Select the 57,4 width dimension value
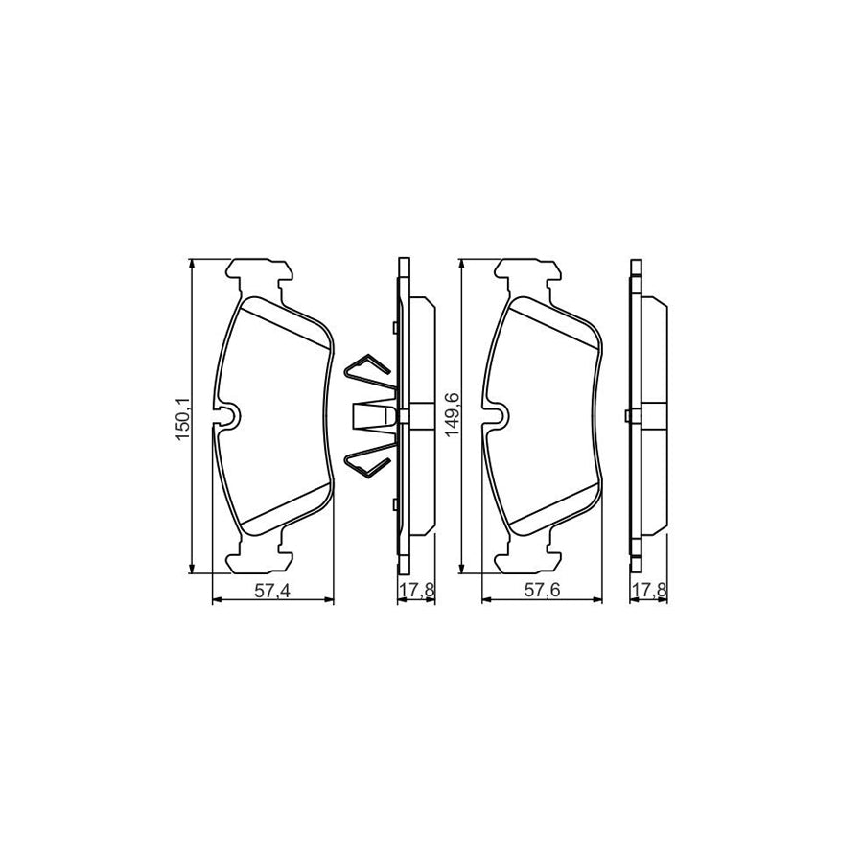[x=272, y=592]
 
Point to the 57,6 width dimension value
[x=542, y=592]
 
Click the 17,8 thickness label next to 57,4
[x=416, y=592]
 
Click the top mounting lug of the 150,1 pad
[x=258, y=274]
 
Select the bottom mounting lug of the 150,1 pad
[x=258, y=556]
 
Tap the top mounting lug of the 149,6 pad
[x=526, y=274]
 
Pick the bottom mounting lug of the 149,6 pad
[x=526, y=556]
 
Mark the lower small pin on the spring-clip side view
[x=394, y=501]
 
